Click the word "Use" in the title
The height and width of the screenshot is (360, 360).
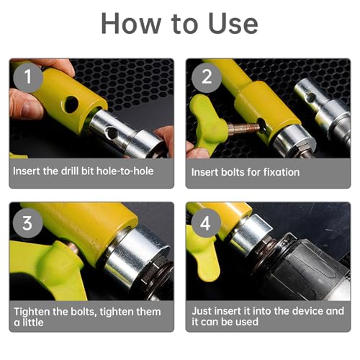(x=233, y=23)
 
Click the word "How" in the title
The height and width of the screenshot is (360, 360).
(x=131, y=23)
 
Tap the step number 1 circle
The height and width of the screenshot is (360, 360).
(x=28, y=77)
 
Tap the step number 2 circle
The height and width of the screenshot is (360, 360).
(x=207, y=77)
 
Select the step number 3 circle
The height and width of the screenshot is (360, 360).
(x=27, y=222)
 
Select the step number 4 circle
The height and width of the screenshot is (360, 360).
(x=206, y=223)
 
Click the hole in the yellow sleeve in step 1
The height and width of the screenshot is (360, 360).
(x=71, y=104)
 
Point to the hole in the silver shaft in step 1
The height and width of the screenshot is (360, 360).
(x=111, y=132)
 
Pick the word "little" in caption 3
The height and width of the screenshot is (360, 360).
(x=33, y=323)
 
